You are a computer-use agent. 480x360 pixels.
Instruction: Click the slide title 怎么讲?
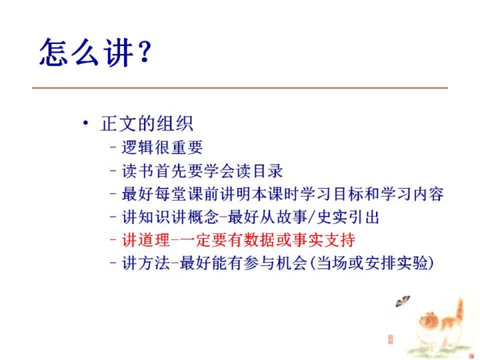[x=95, y=52]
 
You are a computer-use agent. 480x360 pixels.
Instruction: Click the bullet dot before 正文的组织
[x=86, y=123]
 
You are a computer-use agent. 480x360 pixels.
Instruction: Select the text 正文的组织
[x=147, y=124]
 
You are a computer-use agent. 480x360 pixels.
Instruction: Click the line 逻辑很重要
[x=162, y=147]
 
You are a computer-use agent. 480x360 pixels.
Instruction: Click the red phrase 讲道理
[x=146, y=240]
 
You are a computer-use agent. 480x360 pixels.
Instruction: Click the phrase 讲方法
[x=146, y=263]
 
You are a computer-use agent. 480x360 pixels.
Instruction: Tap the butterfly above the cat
[x=403, y=301]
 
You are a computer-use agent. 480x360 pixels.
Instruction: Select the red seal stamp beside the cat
[x=391, y=339]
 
